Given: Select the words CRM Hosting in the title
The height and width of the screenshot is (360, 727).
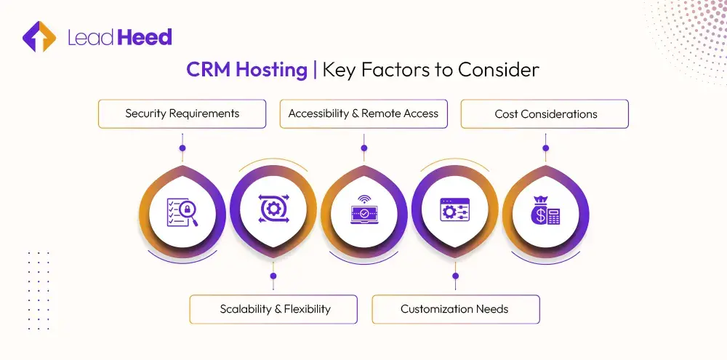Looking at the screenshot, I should tap(246, 70).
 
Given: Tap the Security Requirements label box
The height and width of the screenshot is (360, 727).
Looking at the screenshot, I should tap(182, 114).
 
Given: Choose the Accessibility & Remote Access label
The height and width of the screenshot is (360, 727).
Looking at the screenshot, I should tap(363, 114).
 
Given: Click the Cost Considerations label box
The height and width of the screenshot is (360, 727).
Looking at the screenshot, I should tap(545, 114).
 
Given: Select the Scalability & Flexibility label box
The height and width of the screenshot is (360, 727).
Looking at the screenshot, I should tap(273, 309).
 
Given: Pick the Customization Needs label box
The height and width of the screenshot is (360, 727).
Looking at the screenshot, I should tap(455, 309).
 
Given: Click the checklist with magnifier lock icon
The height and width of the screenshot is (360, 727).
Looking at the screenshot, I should tap(182, 211).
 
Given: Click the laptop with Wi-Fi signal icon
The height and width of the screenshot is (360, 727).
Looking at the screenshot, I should tap(363, 211).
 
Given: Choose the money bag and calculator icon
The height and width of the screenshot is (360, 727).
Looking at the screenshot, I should tap(545, 212).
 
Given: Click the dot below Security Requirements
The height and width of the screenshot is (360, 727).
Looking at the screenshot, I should tap(182, 148).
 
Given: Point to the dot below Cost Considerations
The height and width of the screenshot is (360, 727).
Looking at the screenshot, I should tap(545, 148).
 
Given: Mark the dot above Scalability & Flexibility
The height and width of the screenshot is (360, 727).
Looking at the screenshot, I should tap(273, 276).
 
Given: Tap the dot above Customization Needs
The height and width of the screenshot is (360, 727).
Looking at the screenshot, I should tap(455, 276).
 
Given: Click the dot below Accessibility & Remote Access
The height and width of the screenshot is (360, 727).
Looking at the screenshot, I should tap(363, 148).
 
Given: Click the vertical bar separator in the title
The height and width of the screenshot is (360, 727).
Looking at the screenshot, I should tap(315, 70).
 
